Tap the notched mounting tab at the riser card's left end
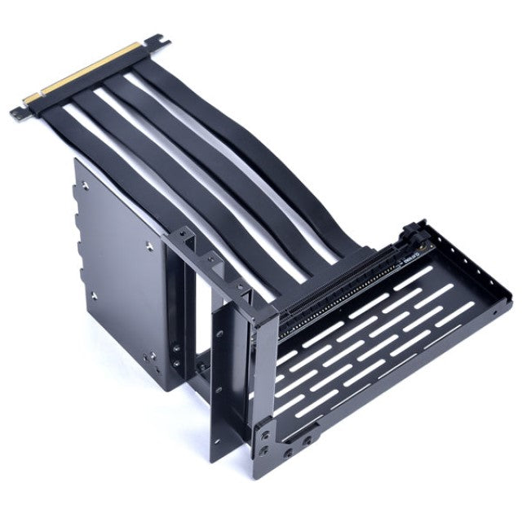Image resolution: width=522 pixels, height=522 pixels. click(21, 110)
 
